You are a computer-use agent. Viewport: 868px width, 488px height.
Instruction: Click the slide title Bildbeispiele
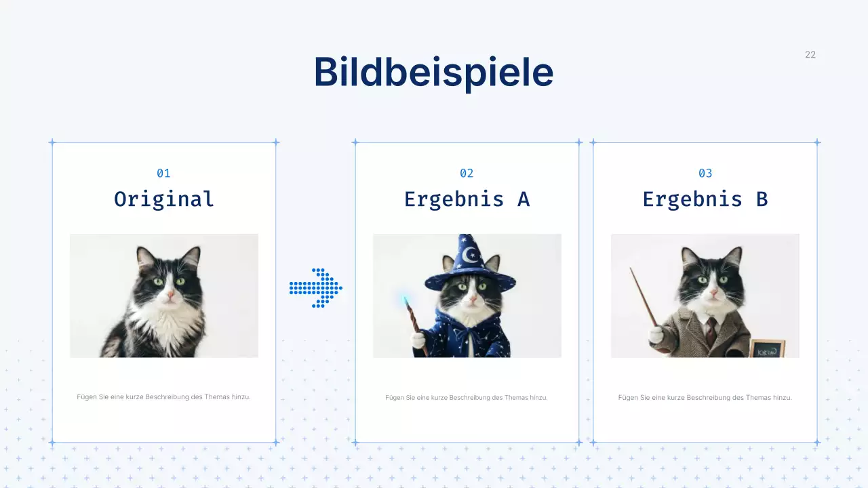point(433,72)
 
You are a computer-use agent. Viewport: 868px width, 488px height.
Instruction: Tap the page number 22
point(810,55)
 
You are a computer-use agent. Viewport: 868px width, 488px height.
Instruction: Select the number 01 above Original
point(163,174)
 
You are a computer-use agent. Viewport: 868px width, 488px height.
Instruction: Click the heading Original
point(163,199)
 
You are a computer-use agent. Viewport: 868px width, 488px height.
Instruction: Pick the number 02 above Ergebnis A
point(467,174)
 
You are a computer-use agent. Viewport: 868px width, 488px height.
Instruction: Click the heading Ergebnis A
point(467,199)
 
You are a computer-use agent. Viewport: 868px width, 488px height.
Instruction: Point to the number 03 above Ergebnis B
point(705,174)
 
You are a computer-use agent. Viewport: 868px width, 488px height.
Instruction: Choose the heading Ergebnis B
point(705,199)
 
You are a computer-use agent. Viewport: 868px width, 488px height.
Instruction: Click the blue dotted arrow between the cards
point(316,288)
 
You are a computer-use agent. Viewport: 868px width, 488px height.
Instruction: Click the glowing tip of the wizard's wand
point(406,300)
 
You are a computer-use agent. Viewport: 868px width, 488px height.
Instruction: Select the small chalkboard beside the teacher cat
point(767,348)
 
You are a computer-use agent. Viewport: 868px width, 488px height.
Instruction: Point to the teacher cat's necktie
point(710,331)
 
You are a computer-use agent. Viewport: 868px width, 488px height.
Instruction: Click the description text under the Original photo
point(163,397)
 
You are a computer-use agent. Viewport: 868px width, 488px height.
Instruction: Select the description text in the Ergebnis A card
point(467,398)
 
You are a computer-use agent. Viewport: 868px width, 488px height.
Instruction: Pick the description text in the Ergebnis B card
point(705,398)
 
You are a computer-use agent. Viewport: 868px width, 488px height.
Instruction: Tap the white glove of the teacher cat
point(655,335)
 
